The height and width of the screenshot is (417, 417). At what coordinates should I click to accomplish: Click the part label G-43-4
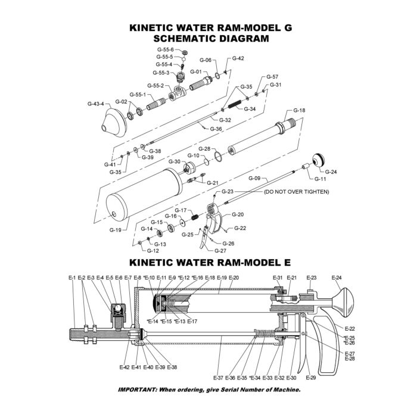coord(96,104)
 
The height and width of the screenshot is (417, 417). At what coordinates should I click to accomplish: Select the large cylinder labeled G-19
coord(144,194)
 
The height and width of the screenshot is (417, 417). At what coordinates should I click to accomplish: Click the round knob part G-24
coord(318,160)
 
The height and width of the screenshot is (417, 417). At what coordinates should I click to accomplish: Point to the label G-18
coord(299,110)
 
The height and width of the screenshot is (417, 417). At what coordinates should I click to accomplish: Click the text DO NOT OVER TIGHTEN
coord(296,192)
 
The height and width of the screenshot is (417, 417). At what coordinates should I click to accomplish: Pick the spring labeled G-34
coord(234,104)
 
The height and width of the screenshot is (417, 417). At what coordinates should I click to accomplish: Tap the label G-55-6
coord(165,49)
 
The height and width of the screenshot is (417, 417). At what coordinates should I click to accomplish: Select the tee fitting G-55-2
coord(178,93)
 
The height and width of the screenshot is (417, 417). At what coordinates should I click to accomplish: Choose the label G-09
coord(254,178)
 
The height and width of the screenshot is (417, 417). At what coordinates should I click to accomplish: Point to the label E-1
coord(72,278)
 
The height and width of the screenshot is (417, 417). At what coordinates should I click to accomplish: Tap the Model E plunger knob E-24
coord(343,303)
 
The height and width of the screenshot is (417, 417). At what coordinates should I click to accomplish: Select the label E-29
coord(311,377)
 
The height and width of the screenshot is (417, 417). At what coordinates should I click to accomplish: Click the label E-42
coord(125,368)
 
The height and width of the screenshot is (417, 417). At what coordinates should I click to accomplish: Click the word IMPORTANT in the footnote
coord(137,390)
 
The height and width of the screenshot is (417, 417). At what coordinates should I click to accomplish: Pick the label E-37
coord(219,378)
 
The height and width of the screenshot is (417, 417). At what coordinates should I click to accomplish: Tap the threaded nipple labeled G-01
coord(201,83)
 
